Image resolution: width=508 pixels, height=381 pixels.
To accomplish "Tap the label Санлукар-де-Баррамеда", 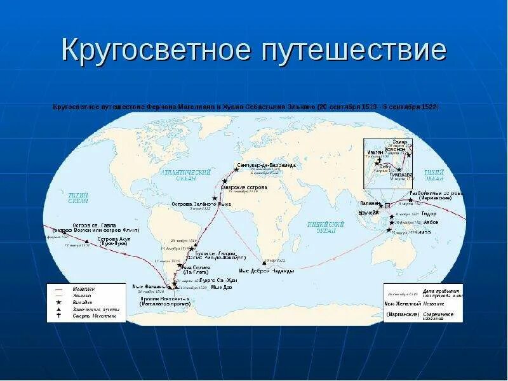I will tap(266, 165).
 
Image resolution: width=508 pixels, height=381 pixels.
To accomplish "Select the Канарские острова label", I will tap(244, 187).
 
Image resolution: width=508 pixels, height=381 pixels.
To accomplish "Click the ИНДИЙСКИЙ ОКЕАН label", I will tap(325, 227).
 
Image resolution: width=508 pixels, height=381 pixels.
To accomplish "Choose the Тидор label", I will tap(429, 214).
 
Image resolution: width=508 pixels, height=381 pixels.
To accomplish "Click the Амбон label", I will tap(429, 223).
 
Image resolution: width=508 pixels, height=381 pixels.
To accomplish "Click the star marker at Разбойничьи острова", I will tap(410, 200).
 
